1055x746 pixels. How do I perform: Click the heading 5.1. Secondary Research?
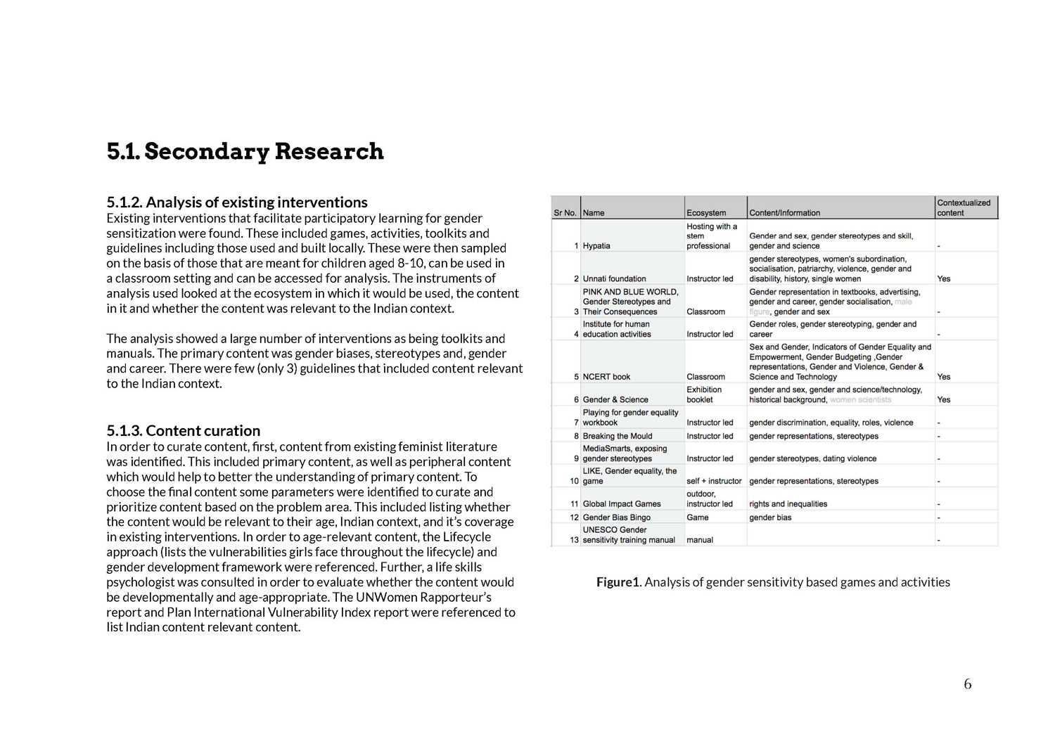tap(245, 152)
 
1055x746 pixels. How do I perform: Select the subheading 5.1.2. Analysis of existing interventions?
tap(237, 202)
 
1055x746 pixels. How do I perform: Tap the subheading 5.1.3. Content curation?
tap(184, 431)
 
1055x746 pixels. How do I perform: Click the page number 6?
tap(968, 684)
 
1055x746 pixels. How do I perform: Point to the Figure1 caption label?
tap(618, 582)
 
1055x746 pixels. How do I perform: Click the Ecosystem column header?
tap(706, 213)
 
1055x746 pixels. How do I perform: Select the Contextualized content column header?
tap(964, 207)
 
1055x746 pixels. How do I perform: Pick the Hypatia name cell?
tap(596, 246)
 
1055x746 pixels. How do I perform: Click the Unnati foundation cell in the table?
tap(614, 279)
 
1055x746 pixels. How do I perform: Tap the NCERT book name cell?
tap(606, 377)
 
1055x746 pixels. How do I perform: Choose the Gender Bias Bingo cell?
tap(616, 517)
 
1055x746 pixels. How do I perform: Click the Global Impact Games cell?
tap(622, 504)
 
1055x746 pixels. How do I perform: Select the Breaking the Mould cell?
tap(617, 437)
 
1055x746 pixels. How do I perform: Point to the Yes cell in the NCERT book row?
tap(944, 377)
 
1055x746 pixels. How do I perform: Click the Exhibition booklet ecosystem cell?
tap(704, 394)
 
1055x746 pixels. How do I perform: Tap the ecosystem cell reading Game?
tap(698, 517)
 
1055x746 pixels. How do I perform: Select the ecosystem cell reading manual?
tap(700, 540)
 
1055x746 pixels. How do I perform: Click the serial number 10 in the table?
tap(574, 482)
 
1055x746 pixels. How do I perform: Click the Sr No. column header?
tap(565, 213)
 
